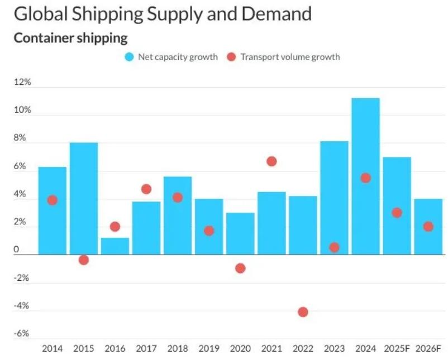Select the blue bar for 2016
coord(115,246)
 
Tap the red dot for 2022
coord(303,312)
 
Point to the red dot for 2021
coord(271,161)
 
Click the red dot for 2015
coord(84,260)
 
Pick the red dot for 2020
coord(240,268)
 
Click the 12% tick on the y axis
coord(22,82)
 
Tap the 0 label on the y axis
coord(17,249)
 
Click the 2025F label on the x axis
coord(397,348)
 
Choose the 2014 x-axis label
coord(53,348)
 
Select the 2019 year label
coord(209,348)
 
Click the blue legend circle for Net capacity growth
coord(130,57)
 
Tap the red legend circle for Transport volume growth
coord(231,57)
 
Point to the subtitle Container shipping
coord(70,38)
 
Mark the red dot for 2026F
coord(428,227)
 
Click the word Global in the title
coord(41,14)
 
